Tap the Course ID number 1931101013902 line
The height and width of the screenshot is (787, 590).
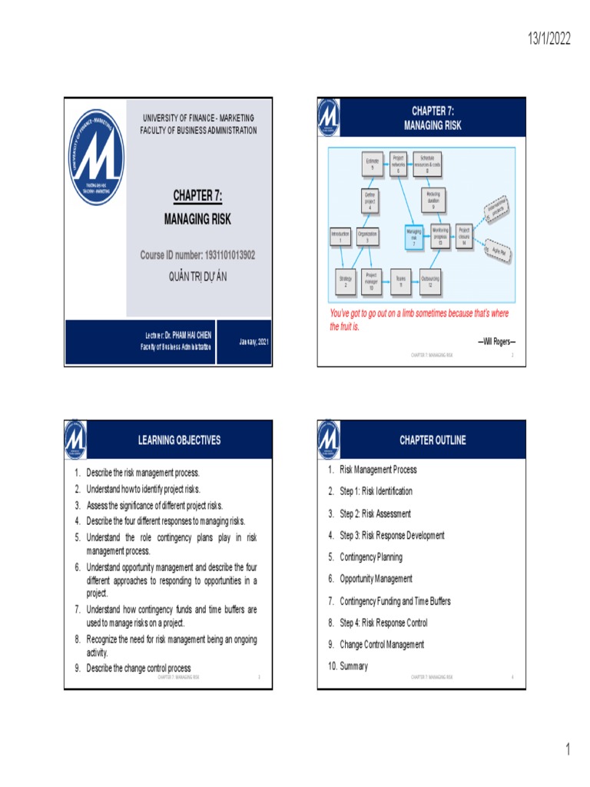pos(197,254)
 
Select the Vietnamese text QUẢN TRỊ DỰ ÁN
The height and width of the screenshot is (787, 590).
pos(197,276)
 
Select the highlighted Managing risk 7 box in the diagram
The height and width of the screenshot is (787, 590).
pos(414,236)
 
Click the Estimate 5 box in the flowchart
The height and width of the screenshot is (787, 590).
pos(372,163)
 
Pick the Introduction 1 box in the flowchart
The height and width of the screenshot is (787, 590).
pos(340,236)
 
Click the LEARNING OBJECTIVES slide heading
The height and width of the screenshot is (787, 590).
pos(179,440)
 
